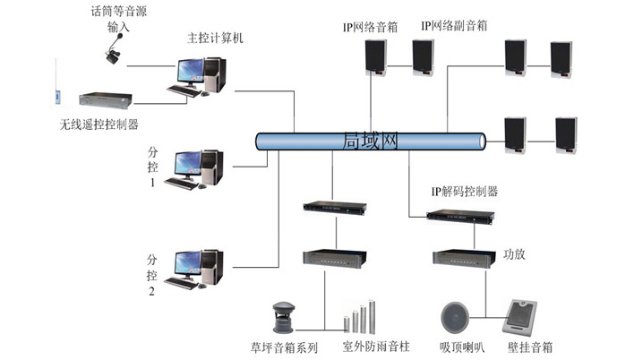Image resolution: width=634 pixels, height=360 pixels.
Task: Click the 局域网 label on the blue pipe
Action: pyautogui.click(x=371, y=141)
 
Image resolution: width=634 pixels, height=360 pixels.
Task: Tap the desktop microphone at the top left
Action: pyautogui.click(x=114, y=56)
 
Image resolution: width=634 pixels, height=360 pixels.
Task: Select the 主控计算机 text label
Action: pyautogui.click(x=215, y=39)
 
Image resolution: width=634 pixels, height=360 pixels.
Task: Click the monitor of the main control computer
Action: pyautogui.click(x=190, y=72)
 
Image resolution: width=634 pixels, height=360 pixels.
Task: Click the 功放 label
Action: pyautogui.click(x=514, y=254)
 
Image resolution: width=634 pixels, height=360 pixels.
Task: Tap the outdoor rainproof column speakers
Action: pyautogui.click(x=357, y=318)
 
